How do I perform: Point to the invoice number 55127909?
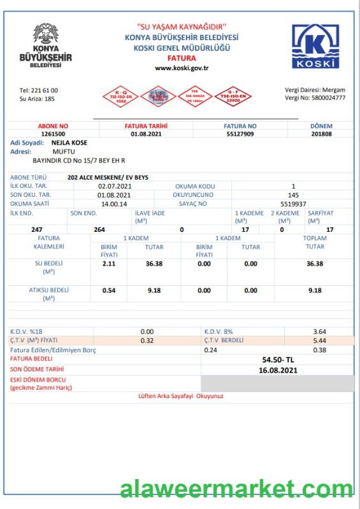coord(240,134)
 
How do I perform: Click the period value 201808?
coord(321,134)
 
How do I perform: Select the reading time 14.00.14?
coord(115,203)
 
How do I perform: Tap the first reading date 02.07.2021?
coord(115,186)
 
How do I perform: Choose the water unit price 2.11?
coord(109,263)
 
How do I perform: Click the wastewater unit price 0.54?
coord(109,290)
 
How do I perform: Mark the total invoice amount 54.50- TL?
coord(278,360)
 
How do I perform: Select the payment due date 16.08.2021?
coord(278,369)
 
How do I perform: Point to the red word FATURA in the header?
coord(182,57)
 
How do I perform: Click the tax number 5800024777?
coord(325,98)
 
